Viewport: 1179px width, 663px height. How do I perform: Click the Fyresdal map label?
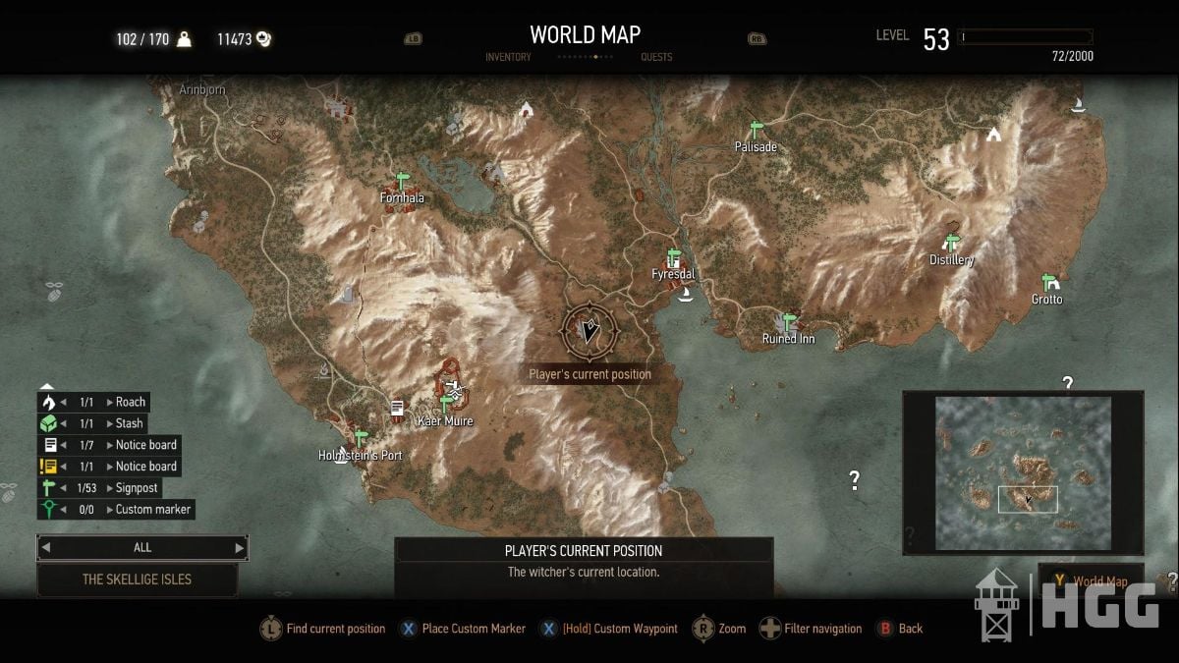[673, 274]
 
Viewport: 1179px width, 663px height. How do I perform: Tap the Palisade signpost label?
[756, 147]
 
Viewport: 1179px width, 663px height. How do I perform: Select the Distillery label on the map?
[951, 260]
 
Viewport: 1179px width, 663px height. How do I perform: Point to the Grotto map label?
[1046, 300]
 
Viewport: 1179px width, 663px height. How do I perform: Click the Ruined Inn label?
[788, 339]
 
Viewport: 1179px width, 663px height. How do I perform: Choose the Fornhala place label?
[402, 197]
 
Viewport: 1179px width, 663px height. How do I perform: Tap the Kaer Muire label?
[445, 421]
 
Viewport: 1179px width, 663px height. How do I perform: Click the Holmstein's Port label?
[361, 456]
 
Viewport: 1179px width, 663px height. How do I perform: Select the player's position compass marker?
[589, 332]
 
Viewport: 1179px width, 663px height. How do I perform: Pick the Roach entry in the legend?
[131, 402]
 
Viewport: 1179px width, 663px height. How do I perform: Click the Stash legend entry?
[129, 423]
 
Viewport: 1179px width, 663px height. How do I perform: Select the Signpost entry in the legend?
[137, 488]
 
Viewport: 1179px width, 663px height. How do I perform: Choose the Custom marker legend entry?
[152, 509]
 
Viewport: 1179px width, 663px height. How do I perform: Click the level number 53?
[936, 39]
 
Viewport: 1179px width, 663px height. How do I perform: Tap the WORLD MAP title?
[585, 34]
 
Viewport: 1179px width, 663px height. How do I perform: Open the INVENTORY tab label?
[508, 57]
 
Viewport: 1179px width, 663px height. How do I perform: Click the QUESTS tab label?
[656, 57]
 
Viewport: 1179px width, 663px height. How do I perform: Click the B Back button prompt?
[911, 629]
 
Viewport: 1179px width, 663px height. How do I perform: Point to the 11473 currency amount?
[235, 39]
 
